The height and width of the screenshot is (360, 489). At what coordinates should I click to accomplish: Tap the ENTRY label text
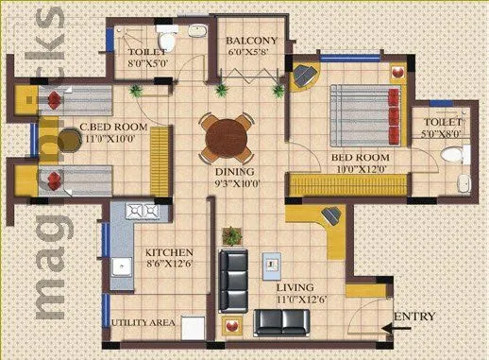click(x=414, y=316)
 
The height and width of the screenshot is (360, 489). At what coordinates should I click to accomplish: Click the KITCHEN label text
click(x=169, y=252)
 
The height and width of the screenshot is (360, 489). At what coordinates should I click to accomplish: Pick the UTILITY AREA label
click(x=143, y=323)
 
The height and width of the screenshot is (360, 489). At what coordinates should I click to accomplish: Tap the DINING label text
click(x=236, y=172)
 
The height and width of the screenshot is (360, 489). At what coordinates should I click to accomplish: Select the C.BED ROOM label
click(x=112, y=126)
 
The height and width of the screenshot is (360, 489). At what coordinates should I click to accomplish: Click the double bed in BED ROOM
click(x=362, y=114)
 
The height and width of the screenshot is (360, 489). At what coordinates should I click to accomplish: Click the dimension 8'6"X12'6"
click(x=169, y=266)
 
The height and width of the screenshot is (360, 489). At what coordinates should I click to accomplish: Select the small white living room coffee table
click(x=273, y=262)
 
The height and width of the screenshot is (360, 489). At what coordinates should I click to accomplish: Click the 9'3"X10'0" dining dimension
click(x=237, y=184)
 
